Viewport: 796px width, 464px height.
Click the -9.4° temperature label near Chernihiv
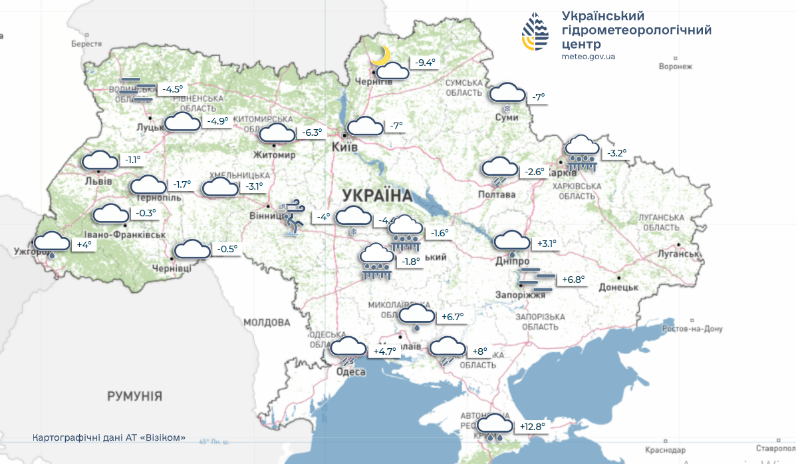(x=425, y=63)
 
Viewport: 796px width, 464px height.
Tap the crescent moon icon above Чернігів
(x=380, y=55)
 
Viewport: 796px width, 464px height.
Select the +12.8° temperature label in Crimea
(x=532, y=427)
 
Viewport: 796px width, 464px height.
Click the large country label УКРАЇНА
(x=377, y=196)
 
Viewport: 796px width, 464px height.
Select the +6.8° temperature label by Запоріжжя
(x=573, y=280)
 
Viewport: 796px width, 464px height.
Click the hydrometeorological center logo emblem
(x=535, y=33)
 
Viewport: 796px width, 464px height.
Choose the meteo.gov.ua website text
(x=589, y=57)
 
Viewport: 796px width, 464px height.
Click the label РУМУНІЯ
(x=135, y=397)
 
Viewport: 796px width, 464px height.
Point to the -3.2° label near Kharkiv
(x=616, y=153)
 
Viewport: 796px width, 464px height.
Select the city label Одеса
(x=351, y=371)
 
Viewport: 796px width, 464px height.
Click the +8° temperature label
(x=479, y=351)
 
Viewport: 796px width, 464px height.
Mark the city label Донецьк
(x=618, y=287)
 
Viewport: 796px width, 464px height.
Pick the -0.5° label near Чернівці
(x=227, y=249)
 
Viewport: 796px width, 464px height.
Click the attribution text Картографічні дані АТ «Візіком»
(x=109, y=438)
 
